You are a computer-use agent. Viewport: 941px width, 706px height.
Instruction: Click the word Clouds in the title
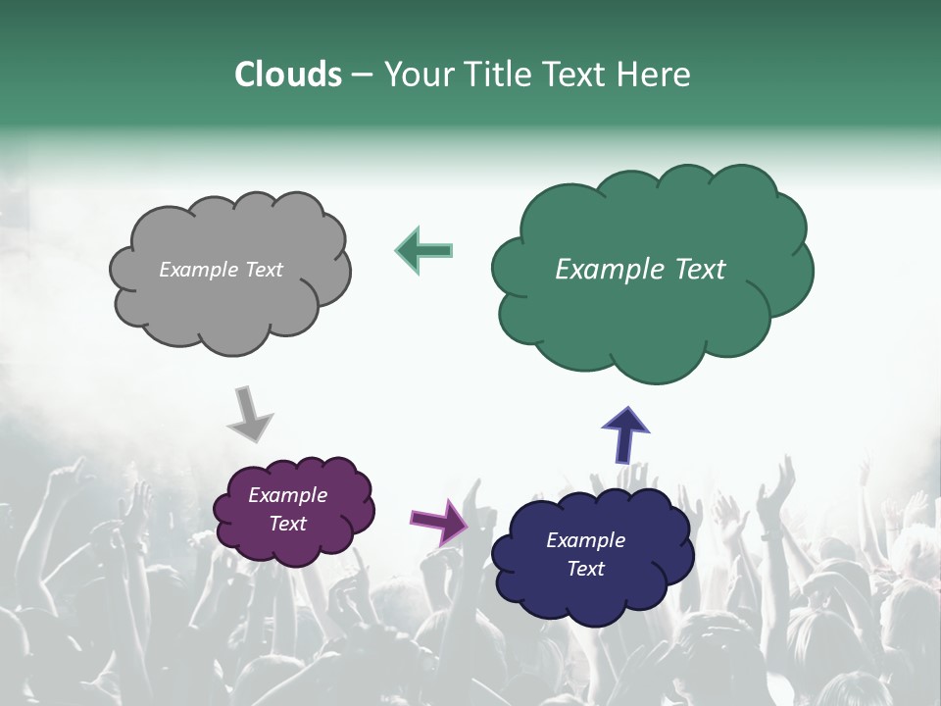pyautogui.click(x=287, y=75)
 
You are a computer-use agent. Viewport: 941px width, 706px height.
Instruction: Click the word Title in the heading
pyautogui.click(x=493, y=75)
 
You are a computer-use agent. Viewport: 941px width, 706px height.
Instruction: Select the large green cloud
pyautogui.click(x=652, y=324)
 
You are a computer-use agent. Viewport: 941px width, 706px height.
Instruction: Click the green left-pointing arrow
pyautogui.click(x=424, y=250)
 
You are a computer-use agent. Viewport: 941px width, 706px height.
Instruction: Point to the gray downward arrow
pyautogui.click(x=250, y=413)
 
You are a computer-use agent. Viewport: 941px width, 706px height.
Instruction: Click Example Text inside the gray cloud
pyautogui.click(x=221, y=270)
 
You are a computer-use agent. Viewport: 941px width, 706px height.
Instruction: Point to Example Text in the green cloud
pyautogui.click(x=640, y=270)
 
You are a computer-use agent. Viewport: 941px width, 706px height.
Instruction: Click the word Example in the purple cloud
pyautogui.click(x=287, y=496)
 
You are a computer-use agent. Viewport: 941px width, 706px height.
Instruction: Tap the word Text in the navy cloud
pyautogui.click(x=585, y=569)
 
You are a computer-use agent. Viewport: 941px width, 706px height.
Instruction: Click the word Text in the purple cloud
pyautogui.click(x=287, y=524)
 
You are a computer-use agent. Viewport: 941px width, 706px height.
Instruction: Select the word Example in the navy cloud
pyautogui.click(x=585, y=540)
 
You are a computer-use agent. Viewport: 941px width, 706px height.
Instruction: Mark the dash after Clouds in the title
pyautogui.click(x=362, y=76)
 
